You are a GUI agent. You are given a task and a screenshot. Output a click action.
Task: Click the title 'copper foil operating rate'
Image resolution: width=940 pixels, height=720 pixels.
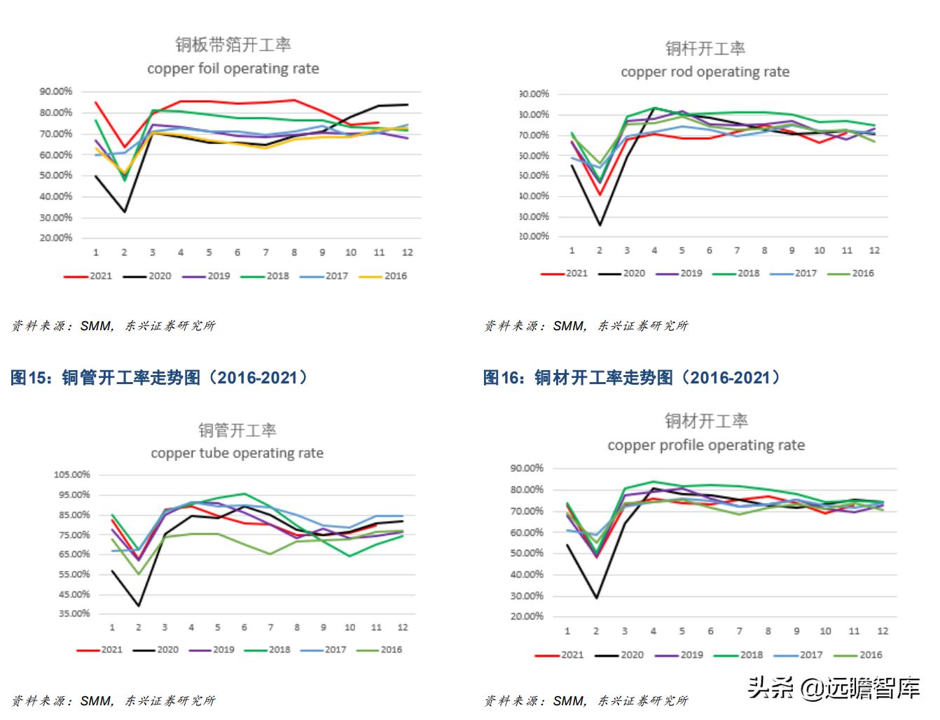pos(233,69)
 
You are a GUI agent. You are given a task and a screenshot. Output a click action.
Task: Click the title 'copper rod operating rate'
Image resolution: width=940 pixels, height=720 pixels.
pos(705,72)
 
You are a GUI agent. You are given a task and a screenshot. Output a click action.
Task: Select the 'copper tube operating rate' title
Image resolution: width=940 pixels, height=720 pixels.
pos(237,453)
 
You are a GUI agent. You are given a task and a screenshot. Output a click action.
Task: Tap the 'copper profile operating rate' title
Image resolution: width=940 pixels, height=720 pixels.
pos(706,446)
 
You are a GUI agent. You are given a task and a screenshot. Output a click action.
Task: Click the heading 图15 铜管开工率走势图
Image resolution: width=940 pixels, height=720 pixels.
pos(159,378)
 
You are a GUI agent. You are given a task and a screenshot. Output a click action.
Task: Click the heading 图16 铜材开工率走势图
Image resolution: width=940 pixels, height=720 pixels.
pos(632,378)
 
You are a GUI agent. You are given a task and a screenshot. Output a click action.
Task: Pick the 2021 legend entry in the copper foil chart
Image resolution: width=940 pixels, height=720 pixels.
pos(88,276)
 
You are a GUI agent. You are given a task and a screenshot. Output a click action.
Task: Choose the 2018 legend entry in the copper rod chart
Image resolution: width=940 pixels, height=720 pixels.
pos(736,274)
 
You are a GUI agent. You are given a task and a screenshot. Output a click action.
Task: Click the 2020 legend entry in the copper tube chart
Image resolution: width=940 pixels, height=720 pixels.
pos(156,650)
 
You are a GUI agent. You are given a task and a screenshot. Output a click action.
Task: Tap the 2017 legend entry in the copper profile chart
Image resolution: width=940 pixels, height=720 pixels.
pos(799,656)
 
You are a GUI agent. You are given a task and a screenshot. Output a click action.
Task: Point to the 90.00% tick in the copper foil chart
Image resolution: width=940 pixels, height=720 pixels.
pos(56,92)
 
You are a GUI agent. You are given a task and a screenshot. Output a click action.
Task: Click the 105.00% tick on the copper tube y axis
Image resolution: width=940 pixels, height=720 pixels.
pos(71,475)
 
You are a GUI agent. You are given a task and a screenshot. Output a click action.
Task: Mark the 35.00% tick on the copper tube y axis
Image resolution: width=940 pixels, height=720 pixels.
pos(74,614)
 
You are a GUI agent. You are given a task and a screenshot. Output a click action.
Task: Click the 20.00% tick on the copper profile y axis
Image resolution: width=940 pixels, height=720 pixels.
pos(527,617)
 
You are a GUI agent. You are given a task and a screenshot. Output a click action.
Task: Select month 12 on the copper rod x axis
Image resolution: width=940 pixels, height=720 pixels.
pos(874,250)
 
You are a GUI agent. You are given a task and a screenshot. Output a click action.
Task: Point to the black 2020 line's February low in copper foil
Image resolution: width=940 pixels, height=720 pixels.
pos(125,212)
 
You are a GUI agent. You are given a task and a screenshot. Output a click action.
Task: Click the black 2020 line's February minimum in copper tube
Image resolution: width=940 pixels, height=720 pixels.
pos(139,606)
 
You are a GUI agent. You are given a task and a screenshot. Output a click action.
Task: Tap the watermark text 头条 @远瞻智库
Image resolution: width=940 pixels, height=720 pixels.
pos(834,689)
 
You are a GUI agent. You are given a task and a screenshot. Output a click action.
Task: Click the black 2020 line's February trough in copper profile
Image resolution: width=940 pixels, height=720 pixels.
pos(596,598)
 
